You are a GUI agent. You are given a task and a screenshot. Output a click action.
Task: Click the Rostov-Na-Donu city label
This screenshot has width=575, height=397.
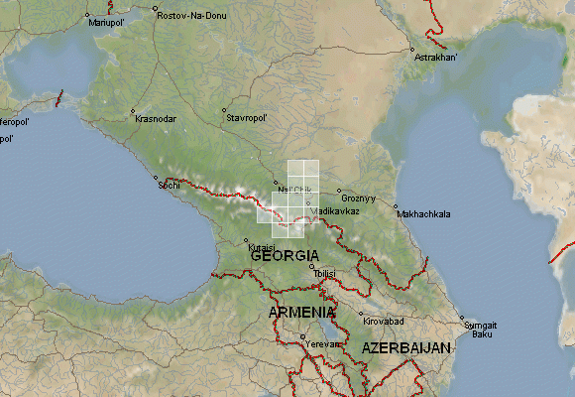point(191,16)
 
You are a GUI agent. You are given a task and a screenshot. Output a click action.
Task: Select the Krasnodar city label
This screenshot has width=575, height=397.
point(155,118)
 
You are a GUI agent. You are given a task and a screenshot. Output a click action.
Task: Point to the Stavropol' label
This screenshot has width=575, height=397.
point(248,118)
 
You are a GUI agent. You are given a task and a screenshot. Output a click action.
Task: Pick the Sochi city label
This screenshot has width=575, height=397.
point(171,186)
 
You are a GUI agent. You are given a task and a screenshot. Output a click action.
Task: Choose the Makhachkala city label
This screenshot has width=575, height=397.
point(423,213)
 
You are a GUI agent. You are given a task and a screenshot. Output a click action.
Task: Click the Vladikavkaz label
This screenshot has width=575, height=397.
point(334,211)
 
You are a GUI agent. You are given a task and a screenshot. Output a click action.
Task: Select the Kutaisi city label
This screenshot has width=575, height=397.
point(260,246)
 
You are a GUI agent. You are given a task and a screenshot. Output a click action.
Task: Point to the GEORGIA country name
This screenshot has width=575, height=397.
point(286,256)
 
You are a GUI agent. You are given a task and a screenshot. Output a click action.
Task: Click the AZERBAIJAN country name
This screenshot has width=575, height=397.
point(406,348)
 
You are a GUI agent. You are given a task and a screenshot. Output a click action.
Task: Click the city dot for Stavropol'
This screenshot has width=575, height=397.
point(224,110)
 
